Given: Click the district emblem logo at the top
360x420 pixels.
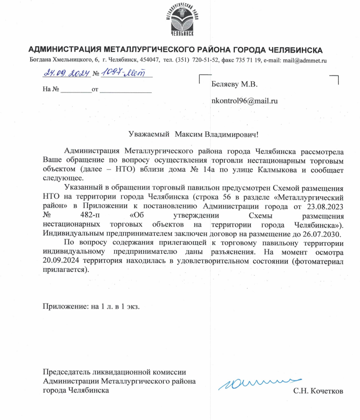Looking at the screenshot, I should tap(180, 20).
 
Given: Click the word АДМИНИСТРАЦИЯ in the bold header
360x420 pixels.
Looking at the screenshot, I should tap(62, 50).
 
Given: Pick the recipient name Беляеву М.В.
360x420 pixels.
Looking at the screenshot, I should tap(234, 85).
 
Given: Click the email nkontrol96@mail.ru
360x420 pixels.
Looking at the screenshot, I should tap(244, 101).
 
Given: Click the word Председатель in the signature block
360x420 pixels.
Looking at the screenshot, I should tap(66, 372).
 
